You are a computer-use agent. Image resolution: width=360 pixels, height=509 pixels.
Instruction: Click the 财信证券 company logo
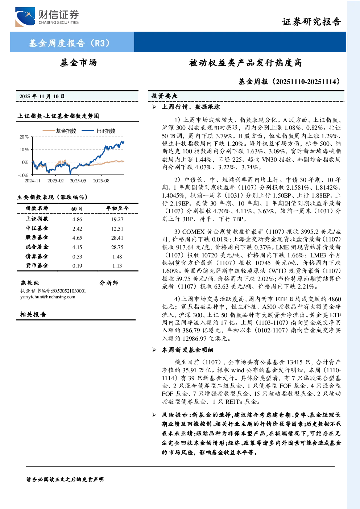pyautogui.click(x=47, y=17)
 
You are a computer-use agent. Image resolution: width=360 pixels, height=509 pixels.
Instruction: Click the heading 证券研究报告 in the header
pyautogui.click(x=311, y=22)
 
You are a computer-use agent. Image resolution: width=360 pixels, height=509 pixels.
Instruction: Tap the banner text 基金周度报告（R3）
pyautogui.click(x=69, y=43)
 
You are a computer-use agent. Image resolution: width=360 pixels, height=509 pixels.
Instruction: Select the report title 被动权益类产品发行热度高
pyautogui.click(x=245, y=63)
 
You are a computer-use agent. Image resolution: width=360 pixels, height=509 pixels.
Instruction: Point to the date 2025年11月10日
pyautogui.click(x=42, y=96)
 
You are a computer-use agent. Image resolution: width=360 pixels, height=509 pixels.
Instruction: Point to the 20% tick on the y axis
pyautogui.click(x=24, y=137)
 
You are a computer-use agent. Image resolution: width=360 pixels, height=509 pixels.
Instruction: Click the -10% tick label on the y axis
pyautogui.click(x=23, y=175)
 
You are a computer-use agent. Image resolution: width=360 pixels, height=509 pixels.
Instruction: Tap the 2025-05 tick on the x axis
pyautogui.click(x=78, y=181)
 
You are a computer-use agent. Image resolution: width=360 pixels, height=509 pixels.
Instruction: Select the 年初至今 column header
pyautogui.click(x=117, y=208)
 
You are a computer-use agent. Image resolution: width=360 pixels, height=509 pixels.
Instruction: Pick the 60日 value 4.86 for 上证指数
pyautogui.click(x=77, y=219)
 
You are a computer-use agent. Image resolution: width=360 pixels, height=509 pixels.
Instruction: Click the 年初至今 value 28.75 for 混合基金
pyautogui.click(x=117, y=247)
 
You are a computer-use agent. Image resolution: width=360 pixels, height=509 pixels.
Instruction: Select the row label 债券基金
pyautogui.click(x=37, y=256)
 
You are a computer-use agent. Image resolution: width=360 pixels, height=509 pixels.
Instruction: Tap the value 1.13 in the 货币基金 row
pyautogui.click(x=117, y=266)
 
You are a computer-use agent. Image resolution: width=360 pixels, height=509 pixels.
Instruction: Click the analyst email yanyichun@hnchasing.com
pyautogui.click(x=48, y=297)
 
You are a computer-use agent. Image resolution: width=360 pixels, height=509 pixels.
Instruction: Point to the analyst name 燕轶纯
pyautogui.click(x=30, y=283)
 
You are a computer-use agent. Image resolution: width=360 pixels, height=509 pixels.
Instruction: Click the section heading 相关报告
pyautogui.click(x=33, y=314)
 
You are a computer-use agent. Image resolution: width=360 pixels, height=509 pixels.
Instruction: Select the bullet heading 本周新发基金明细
pyautogui.click(x=187, y=350)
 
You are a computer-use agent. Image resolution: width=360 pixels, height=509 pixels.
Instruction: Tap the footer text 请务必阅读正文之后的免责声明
pyautogui.click(x=65, y=479)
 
